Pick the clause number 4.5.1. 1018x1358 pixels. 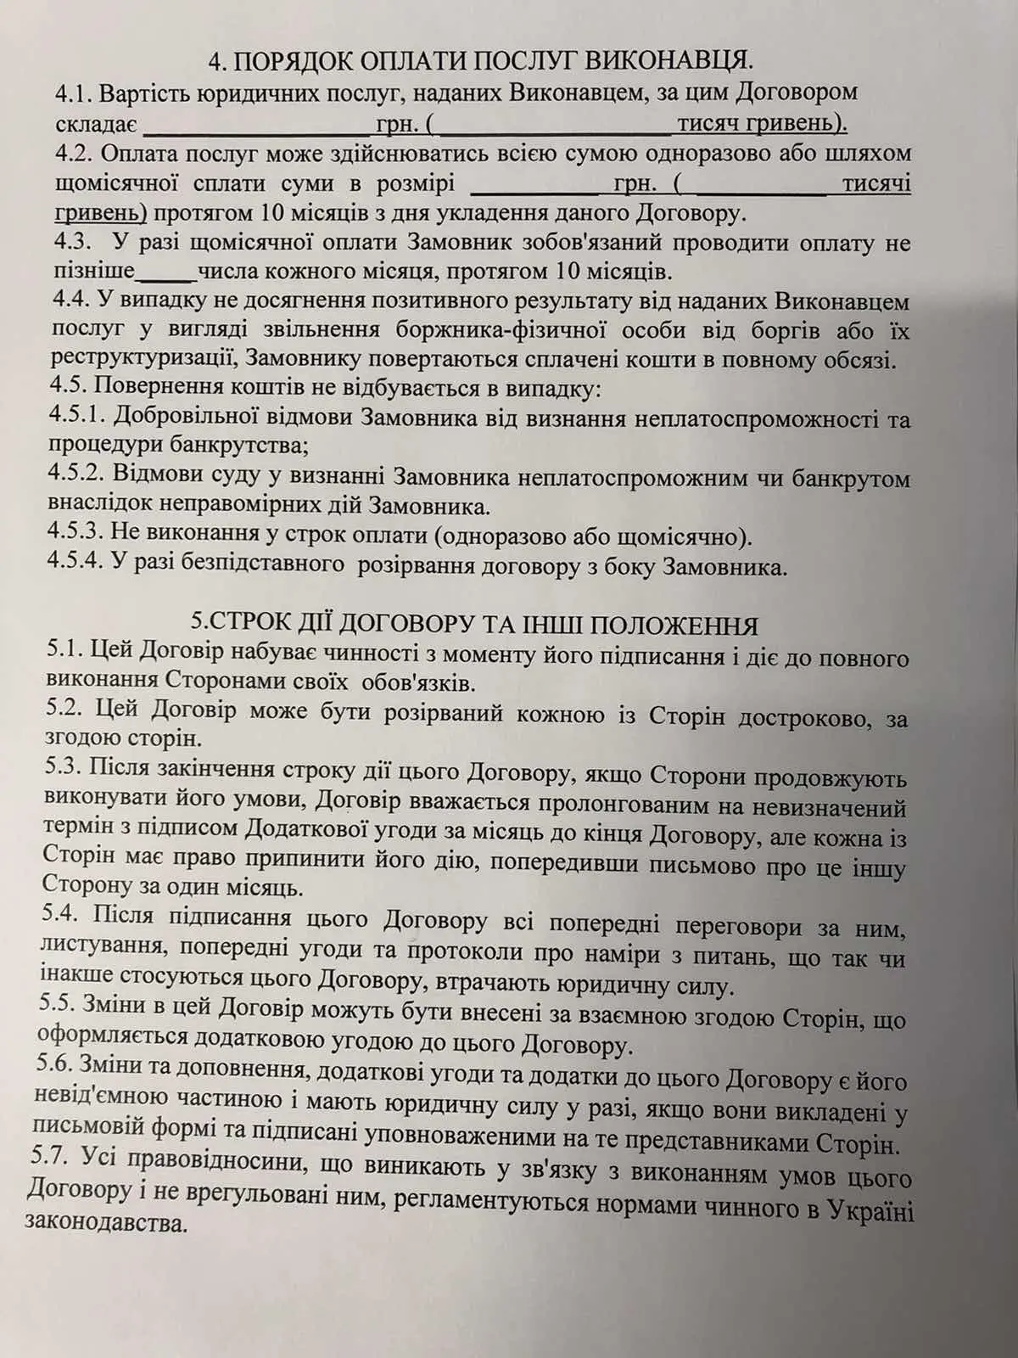click(79, 418)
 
